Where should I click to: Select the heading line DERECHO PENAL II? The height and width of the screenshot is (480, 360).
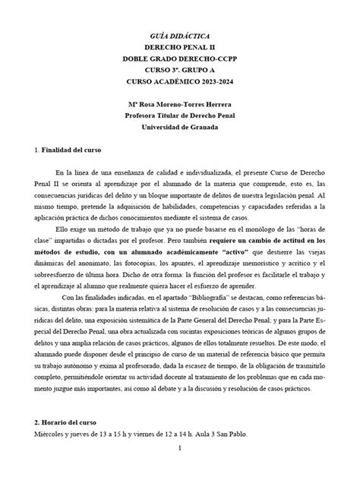[179, 47]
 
